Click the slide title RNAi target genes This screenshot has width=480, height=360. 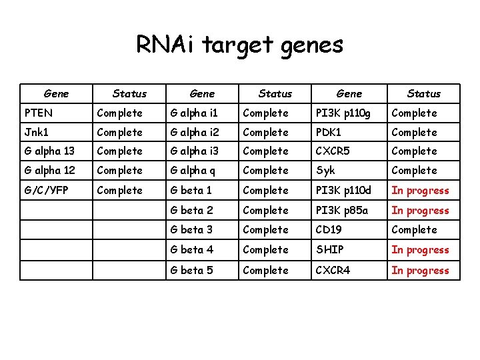click(239, 45)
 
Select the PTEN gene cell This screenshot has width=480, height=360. click(39, 113)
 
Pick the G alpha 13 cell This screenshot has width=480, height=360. click(49, 151)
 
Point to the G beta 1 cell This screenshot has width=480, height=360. click(191, 190)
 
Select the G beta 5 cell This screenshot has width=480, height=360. click(192, 270)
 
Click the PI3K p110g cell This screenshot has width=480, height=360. click(343, 113)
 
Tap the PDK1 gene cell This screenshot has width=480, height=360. click(330, 133)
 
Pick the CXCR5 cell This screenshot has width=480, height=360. click(333, 151)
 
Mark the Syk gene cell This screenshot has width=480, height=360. click(326, 171)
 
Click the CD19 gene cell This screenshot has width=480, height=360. click(329, 230)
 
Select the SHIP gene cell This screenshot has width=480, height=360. click(330, 250)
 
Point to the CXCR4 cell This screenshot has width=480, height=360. click(333, 270)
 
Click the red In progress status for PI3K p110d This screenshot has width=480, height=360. click(420, 190)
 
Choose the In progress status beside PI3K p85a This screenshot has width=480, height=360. click(420, 210)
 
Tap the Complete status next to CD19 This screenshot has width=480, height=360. click(414, 230)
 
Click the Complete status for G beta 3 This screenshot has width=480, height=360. click(265, 230)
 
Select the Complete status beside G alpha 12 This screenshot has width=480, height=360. click(120, 171)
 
